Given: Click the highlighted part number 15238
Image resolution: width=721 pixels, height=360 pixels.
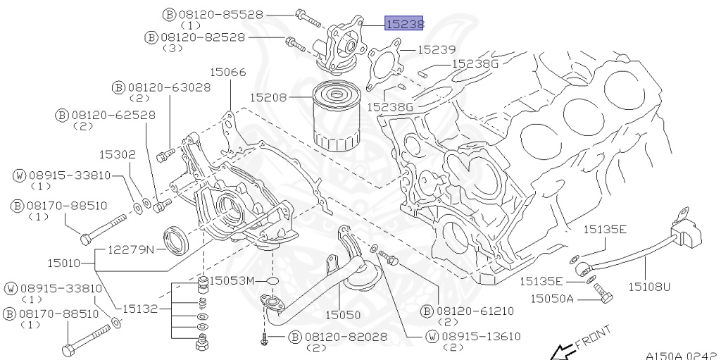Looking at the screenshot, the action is (403, 23).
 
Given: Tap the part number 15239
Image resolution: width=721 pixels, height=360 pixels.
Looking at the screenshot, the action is (437, 50).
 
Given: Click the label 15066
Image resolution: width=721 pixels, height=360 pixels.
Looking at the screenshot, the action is (228, 73).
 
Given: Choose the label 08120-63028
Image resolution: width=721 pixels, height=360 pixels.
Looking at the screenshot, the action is (169, 87).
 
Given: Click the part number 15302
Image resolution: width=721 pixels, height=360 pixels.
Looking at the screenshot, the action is (118, 155).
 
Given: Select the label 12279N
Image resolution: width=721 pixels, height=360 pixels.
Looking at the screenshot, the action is (132, 250).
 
